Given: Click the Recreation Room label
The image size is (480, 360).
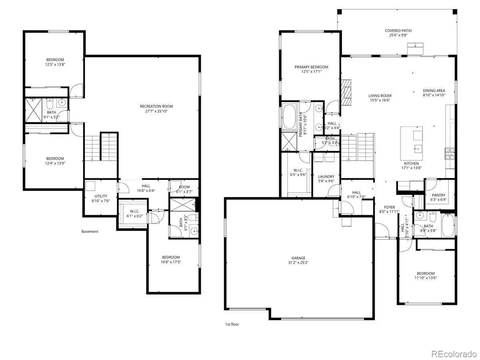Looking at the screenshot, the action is click(x=156, y=106).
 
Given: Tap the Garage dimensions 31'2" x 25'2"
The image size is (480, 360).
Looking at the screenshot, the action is click(x=298, y=262).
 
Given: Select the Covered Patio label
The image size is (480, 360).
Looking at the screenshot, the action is click(x=398, y=31).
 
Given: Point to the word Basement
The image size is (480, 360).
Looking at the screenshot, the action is click(x=90, y=232).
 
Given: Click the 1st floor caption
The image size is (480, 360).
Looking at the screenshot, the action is click(x=232, y=324).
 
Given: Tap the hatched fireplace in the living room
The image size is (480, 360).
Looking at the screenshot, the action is click(x=346, y=93).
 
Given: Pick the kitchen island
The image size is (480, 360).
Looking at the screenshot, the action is click(x=411, y=143).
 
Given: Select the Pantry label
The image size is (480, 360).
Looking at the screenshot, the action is click(x=438, y=195).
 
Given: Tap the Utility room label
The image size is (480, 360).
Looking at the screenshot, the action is click(x=101, y=196).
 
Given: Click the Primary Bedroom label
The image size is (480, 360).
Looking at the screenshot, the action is click(x=311, y=67).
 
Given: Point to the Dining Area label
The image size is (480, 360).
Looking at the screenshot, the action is click(x=434, y=90).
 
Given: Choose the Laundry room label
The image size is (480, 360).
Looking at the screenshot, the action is click(x=326, y=177).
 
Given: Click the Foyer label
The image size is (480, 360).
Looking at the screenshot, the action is click(x=390, y=207).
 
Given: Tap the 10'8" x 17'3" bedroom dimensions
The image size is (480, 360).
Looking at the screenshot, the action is click(x=171, y=262).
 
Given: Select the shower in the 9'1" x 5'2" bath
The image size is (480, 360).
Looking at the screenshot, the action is click(x=33, y=110).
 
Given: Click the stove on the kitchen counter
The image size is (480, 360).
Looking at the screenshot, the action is click(x=450, y=154).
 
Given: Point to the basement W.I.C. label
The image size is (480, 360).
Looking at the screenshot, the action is click(x=134, y=211).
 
